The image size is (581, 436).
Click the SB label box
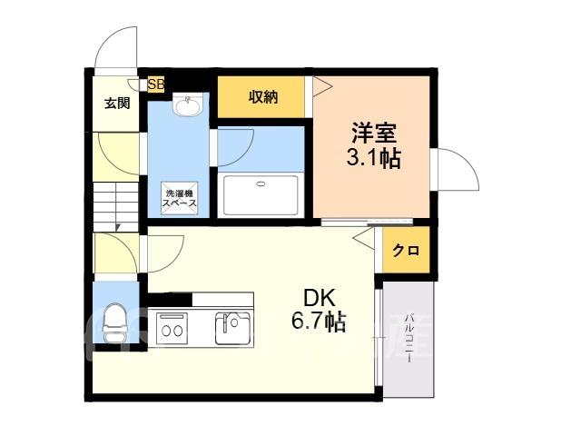(156, 84)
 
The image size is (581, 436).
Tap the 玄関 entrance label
(117, 103)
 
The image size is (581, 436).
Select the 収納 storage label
(262, 97)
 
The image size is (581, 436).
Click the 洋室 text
(374, 134)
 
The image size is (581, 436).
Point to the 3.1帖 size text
(373, 159)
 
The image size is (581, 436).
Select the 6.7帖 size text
(319, 322)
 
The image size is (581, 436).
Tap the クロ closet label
(406, 251)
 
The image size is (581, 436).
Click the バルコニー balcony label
(409, 338)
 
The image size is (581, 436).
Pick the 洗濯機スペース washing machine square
(180, 198)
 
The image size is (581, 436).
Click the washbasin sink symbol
(188, 104)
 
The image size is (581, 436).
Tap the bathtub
(261, 195)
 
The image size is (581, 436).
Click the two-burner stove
(172, 329)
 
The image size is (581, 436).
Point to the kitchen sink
(232, 329)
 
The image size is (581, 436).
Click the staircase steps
(116, 207)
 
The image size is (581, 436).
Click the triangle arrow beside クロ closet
(364, 238)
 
